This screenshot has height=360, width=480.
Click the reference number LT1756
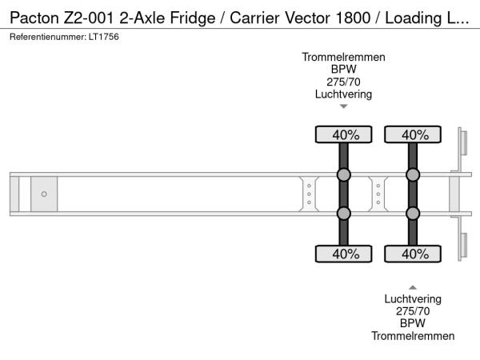(104, 37)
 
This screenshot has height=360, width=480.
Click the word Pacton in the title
(34, 18)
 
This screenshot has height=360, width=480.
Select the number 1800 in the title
(353, 18)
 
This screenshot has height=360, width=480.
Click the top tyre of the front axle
(343, 134)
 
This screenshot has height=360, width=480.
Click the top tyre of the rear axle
(413, 134)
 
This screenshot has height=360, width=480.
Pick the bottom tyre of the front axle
(343, 254)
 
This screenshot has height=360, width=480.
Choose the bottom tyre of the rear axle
(413, 254)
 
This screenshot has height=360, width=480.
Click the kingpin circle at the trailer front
(44, 194)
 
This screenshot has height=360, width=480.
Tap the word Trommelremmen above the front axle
(343, 58)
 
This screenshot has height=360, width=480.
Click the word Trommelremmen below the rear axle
(413, 336)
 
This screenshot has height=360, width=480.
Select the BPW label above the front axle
(343, 69)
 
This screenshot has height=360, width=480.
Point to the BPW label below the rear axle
(413, 323)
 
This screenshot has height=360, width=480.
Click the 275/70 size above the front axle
(343, 82)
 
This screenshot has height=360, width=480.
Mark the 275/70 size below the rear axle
(413, 311)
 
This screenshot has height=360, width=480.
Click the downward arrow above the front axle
(344, 106)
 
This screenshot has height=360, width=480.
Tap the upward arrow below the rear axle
(413, 287)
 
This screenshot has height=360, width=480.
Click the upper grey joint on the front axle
(343, 174)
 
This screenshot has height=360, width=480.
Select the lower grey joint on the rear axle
(413, 214)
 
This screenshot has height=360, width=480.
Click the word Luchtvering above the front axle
(343, 94)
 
